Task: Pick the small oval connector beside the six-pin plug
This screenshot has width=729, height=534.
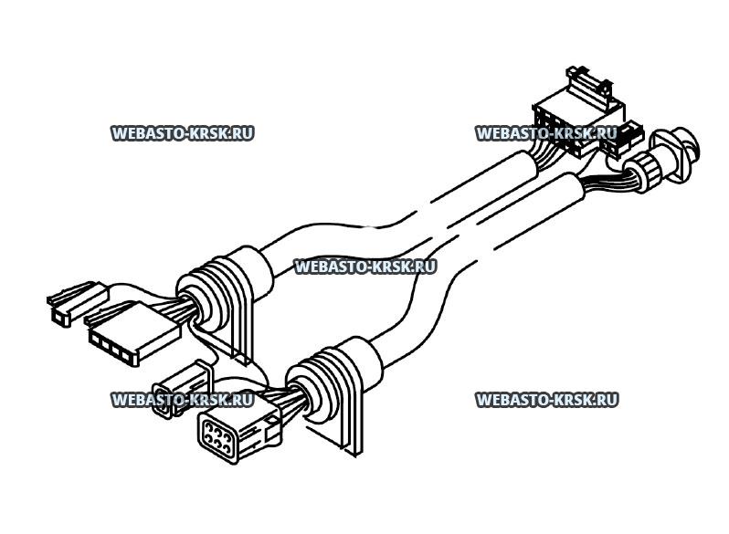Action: point(173,395)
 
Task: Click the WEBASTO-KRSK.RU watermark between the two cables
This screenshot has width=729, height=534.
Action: point(365,267)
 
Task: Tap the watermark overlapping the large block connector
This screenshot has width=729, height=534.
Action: point(546,133)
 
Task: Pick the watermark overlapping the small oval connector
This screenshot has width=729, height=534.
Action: point(182,400)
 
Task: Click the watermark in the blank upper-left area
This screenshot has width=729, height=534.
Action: point(182,133)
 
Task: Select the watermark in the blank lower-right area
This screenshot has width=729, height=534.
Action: point(546,400)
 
